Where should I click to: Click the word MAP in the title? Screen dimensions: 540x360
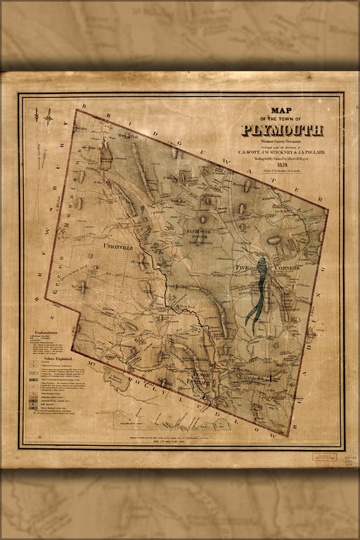tap(282, 110)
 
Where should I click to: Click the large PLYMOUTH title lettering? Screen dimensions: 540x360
tap(282, 130)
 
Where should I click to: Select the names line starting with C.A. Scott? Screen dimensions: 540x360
tap(282, 150)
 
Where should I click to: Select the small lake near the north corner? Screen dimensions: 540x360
tap(105, 155)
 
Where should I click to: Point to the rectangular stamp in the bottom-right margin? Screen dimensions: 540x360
tap(324, 456)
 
